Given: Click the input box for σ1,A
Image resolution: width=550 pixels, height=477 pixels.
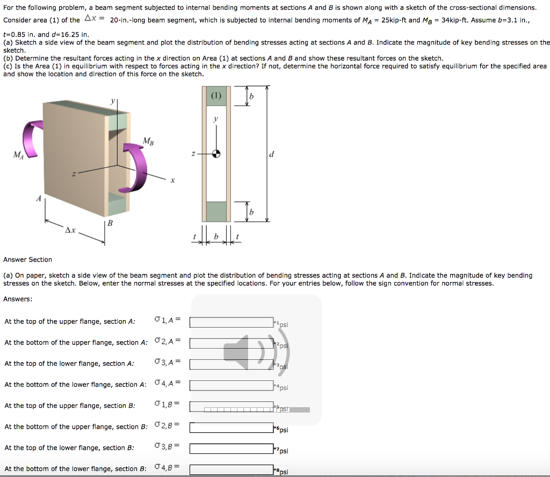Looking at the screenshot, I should click(x=231, y=322).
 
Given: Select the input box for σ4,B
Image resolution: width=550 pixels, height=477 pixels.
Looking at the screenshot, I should click(x=231, y=469).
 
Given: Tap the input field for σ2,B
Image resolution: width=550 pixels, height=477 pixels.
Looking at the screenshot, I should click(x=231, y=428).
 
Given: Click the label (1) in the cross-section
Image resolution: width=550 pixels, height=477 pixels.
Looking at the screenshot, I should click(x=216, y=96).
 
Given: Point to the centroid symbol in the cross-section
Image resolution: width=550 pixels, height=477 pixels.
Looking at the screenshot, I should click(x=216, y=154).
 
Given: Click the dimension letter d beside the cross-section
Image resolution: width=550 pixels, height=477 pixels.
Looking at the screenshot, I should click(x=271, y=155).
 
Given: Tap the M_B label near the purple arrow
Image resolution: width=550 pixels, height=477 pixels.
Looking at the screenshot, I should click(x=149, y=141).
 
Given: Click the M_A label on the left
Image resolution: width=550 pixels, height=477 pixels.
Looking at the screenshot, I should click(x=18, y=155).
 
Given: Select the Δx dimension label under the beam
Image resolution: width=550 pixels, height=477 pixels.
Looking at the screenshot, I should click(x=70, y=230).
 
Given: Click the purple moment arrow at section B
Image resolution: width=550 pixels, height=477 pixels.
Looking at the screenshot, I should click(x=140, y=167).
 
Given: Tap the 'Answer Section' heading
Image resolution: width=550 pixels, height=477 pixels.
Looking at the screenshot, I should click(x=27, y=259).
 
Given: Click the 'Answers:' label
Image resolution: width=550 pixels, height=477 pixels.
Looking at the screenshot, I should click(x=18, y=299).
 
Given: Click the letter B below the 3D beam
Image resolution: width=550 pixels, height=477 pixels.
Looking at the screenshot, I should click(x=110, y=223).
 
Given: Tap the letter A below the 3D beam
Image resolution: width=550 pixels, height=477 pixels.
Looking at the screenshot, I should click(x=39, y=198).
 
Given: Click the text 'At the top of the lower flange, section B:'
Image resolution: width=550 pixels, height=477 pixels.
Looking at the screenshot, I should click(x=69, y=447).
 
